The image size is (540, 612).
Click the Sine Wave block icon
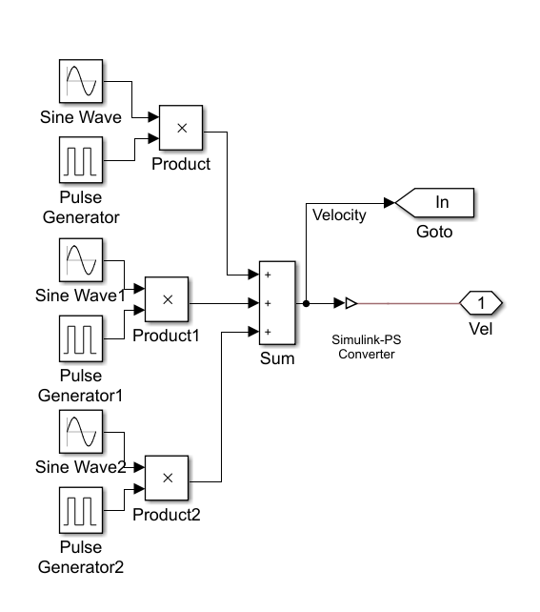pos(80,82)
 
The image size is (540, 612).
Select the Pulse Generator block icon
pos(80,159)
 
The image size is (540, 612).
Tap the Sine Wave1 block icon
pos(80,260)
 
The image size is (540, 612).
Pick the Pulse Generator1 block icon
pos(80,338)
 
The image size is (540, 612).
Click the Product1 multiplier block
pos(167,299)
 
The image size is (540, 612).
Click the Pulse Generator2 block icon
pos(80,510)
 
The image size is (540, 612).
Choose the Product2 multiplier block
pos(167,479)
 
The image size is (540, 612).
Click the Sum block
pos(277,304)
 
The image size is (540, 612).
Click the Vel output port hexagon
pos(481,303)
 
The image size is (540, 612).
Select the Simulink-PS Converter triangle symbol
pos(350,303)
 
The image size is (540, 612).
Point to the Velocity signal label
pos(339,215)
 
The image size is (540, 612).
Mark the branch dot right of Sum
pos(306,303)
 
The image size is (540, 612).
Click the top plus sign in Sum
pos(269,275)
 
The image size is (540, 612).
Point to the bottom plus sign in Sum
pos(269,332)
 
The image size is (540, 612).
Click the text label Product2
pos(167,515)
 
